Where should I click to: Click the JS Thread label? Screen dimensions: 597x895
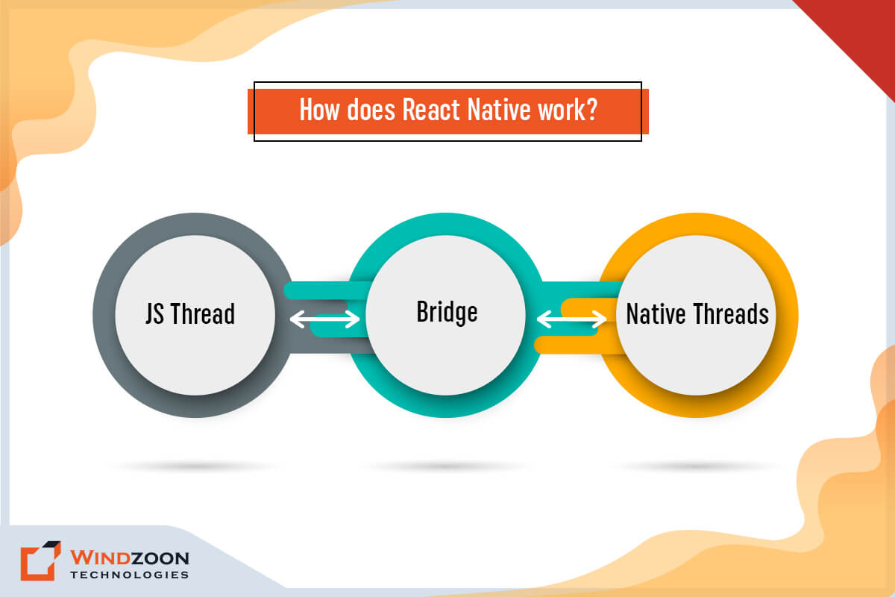click(190, 313)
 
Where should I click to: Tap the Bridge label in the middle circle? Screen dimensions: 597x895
click(447, 311)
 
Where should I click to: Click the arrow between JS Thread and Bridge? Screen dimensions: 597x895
click(324, 319)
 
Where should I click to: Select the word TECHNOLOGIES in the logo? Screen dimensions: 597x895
click(129, 575)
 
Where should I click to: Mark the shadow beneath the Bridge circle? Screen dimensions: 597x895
click(447, 466)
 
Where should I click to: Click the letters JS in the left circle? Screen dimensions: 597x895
click(154, 313)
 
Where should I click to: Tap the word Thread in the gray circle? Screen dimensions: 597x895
click(203, 313)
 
